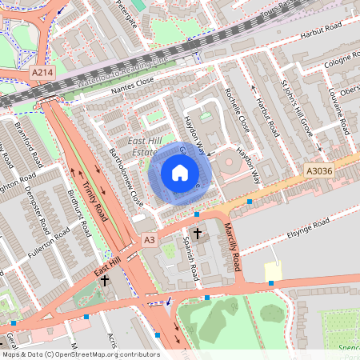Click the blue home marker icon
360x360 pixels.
click(x=180, y=172)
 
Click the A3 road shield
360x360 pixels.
click(x=149, y=239)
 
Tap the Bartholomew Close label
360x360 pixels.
click(x=126, y=177)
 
